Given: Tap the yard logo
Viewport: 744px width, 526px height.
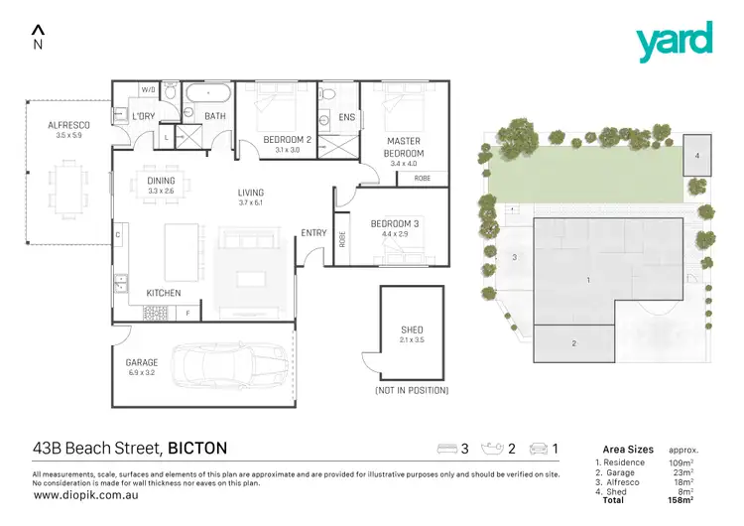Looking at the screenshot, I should pos(674,42).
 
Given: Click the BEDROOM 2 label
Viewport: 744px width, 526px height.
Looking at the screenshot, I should pos(288,139).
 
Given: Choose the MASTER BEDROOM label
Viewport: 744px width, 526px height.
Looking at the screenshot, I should pos(405,147).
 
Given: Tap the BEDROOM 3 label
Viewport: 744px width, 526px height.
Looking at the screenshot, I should pos(395,224).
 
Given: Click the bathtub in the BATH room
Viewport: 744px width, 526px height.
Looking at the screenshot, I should pos(210,95).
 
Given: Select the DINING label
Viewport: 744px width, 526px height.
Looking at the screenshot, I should pos(161,181).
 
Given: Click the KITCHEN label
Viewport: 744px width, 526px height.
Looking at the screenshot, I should pos(163,294).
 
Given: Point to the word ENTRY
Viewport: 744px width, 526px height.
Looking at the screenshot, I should pos(313,233).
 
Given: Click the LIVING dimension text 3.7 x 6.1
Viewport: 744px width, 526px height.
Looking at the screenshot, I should pos(250,203).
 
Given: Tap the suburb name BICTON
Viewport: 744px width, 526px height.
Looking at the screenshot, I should pos(197,449).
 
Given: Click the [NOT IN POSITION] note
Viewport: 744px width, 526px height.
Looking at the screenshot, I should pos(411,391).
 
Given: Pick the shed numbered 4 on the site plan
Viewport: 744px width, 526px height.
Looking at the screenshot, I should pos(697,156).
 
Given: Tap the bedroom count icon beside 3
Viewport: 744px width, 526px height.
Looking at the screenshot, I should pos(448,449).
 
